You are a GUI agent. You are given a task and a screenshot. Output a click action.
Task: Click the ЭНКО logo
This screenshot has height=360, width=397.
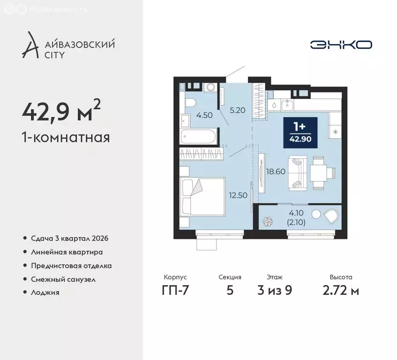tap(341, 45)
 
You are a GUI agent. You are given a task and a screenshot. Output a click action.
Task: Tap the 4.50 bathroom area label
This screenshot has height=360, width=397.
tap(204, 115)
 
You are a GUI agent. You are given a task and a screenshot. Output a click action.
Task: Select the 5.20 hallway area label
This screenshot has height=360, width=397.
tap(238, 110)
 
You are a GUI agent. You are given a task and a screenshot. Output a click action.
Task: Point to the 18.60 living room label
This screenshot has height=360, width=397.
tap(276, 172)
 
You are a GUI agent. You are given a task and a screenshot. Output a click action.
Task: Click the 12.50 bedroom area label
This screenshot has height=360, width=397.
tap(238, 195)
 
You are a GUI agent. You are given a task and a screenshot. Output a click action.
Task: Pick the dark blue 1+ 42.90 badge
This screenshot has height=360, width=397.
tap(300, 133)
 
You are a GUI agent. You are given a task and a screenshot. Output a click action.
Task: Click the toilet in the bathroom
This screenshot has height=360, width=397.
tap(190, 103)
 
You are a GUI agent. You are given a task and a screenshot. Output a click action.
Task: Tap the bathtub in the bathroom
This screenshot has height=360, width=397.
tap(199, 136)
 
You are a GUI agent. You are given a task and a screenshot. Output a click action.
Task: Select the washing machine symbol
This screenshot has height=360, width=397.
tap(210, 87)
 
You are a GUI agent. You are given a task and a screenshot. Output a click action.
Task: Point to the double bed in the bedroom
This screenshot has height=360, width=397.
tap(202, 197)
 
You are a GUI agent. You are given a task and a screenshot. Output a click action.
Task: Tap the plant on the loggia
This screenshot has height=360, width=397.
tap(267, 221)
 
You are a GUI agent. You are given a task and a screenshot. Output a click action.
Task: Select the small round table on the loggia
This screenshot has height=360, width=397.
tap(316, 214)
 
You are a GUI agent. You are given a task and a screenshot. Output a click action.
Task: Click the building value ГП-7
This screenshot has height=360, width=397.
tap(175, 290)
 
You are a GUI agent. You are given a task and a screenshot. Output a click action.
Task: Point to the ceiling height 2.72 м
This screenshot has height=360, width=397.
tap(341, 290)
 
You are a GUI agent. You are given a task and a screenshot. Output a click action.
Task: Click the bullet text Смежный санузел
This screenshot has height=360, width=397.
tap(63, 279)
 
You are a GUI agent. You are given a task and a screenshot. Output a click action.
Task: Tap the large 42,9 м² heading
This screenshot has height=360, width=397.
tap(61, 110)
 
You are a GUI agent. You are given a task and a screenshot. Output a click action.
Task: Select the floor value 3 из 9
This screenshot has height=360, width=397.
tap(275, 290)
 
